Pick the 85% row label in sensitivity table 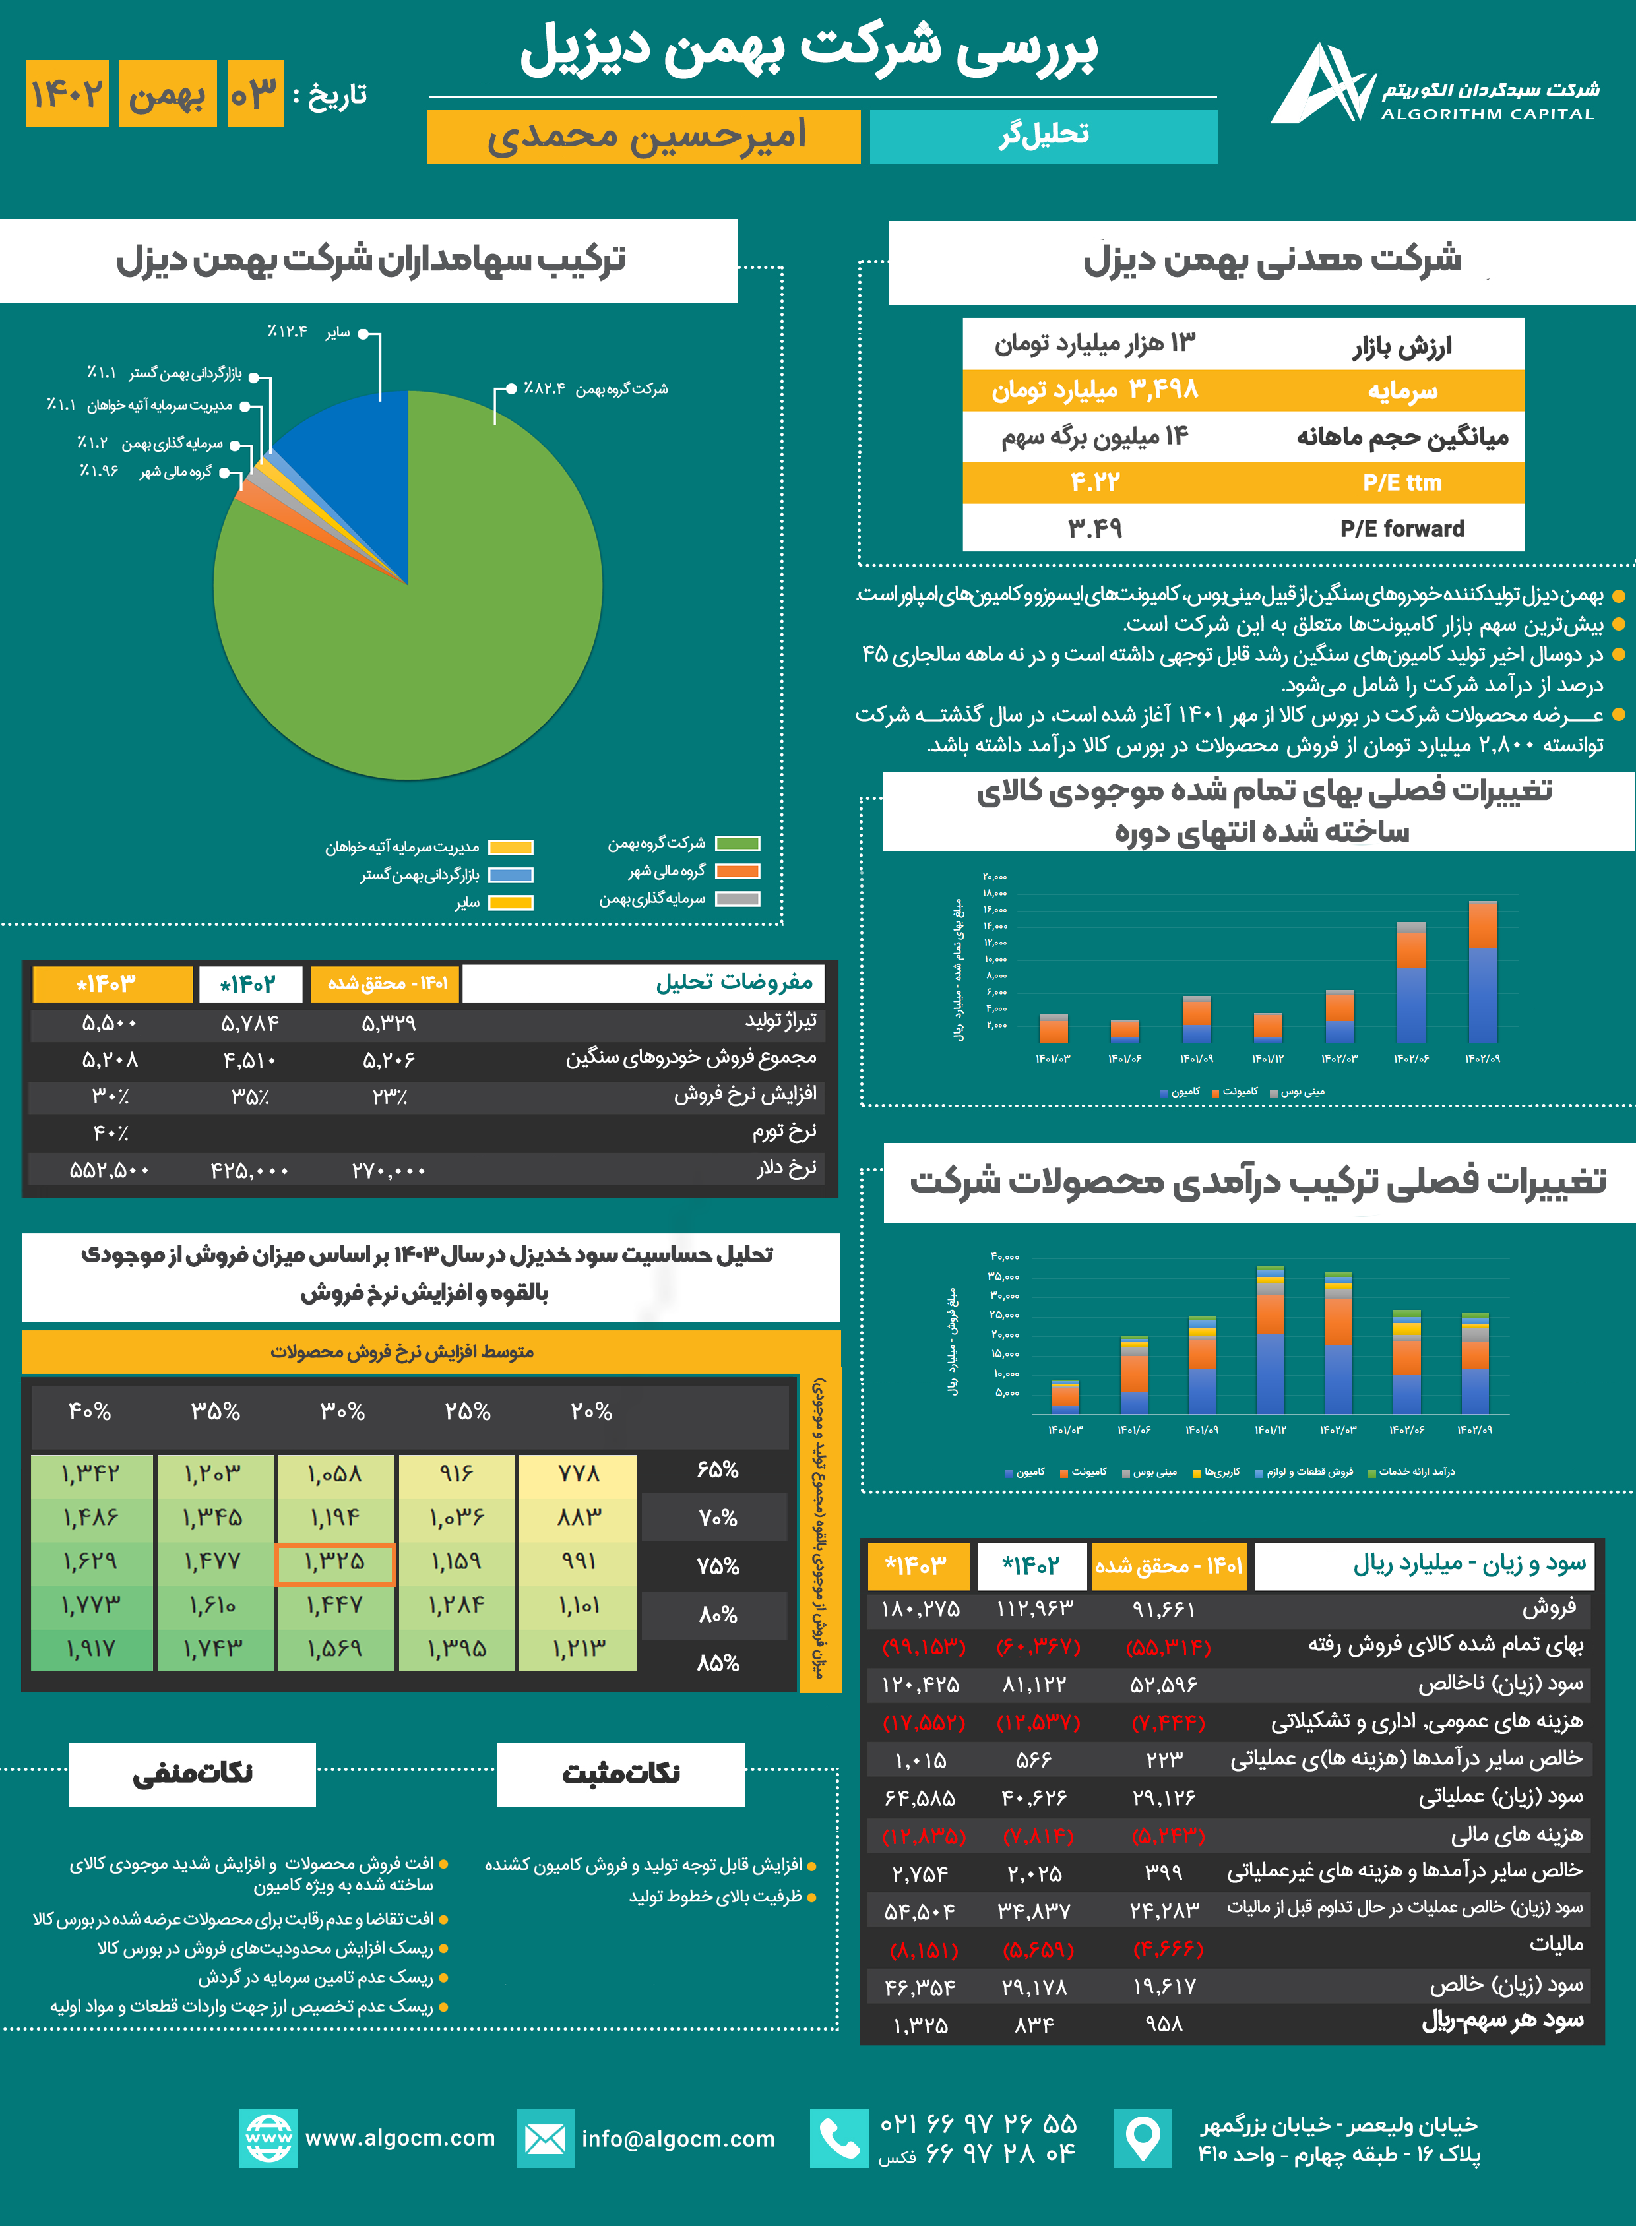[718, 1663]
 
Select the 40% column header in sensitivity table [90, 1411]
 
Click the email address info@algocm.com [678, 2139]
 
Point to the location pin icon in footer [1143, 2139]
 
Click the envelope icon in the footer [545, 2139]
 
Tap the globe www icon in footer [268, 2139]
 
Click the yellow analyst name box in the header [644, 137]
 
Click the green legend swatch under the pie [738, 844]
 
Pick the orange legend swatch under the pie [738, 871]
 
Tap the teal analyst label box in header [1043, 137]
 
